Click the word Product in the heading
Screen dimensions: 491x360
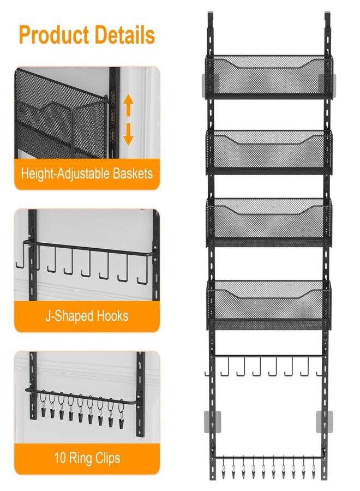click(x=53, y=35)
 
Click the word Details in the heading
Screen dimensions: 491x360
click(x=124, y=35)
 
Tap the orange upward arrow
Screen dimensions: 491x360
click(x=128, y=105)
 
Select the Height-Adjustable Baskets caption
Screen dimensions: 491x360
click(x=87, y=175)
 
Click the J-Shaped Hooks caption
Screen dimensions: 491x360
click(x=87, y=316)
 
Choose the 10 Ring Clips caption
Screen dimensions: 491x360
click(x=87, y=458)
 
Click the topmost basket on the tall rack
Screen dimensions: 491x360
click(x=268, y=76)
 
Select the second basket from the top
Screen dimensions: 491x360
click(x=268, y=151)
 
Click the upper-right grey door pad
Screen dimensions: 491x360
click(x=332, y=82)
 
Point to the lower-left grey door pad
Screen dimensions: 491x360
click(x=209, y=422)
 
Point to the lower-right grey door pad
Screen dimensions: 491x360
click(x=324, y=422)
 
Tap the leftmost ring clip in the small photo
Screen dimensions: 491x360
click(x=43, y=409)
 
